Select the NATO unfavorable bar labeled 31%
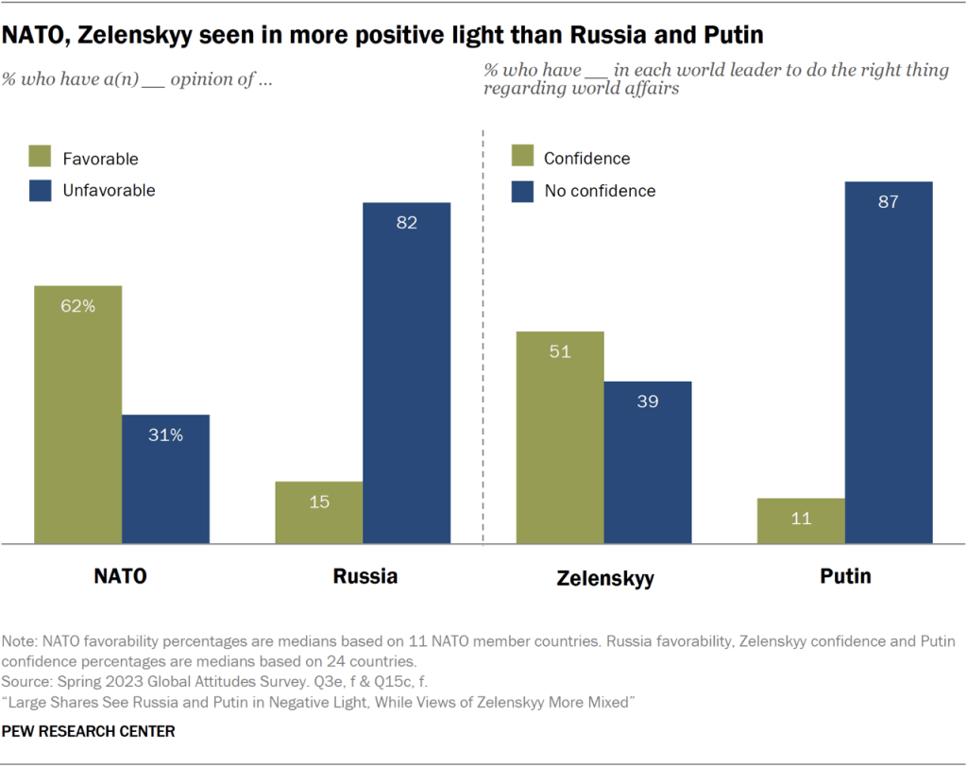coord(165,479)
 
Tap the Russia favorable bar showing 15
coord(318,512)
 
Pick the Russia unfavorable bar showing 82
coord(406,373)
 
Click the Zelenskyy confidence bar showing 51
coord(560,437)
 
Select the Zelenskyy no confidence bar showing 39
coord(648,462)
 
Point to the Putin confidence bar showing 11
coord(801,520)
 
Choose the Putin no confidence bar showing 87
coord(889,363)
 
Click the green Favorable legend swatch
coord(42,158)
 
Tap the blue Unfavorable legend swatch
coord(42,190)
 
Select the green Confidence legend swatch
coord(523,158)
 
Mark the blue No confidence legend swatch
coord(523,190)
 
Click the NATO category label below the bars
coord(120,575)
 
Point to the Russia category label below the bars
coord(365,575)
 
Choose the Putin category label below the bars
coord(845,575)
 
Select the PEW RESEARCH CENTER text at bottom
coord(90,731)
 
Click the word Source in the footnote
coord(28,680)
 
